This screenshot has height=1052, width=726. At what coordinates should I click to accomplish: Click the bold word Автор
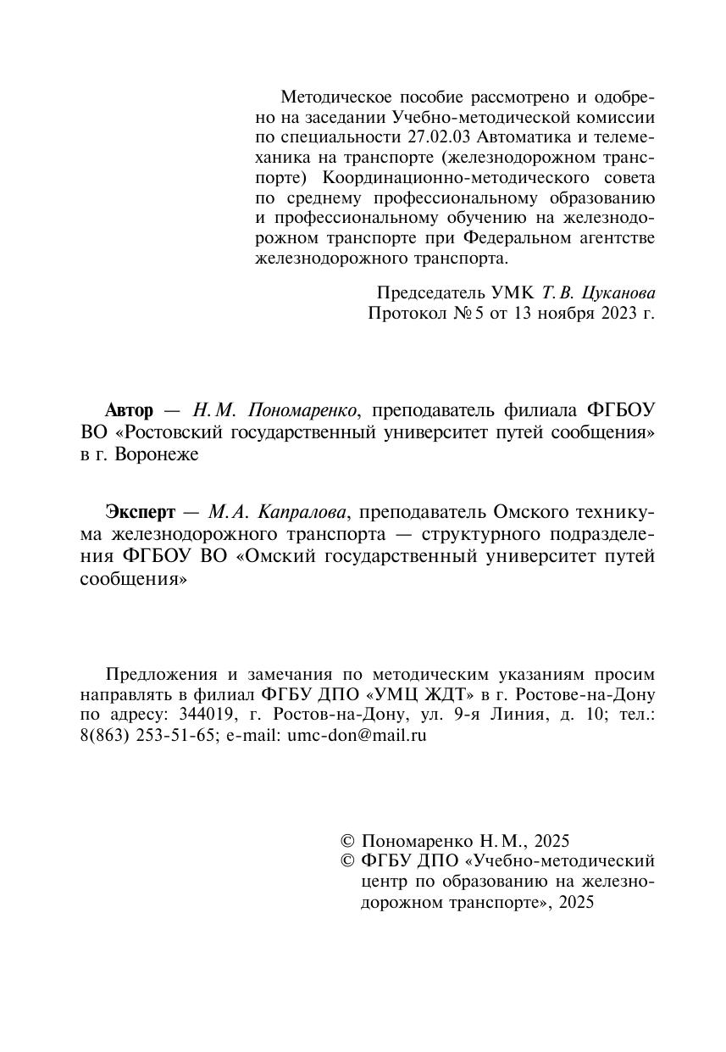[130, 411]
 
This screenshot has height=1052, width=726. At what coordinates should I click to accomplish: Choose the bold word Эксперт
[141, 513]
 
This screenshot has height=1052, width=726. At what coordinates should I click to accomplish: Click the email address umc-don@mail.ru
[357, 736]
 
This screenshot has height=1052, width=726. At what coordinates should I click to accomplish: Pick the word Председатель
[431, 292]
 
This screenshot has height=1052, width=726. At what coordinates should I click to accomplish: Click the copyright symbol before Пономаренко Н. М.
[346, 842]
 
